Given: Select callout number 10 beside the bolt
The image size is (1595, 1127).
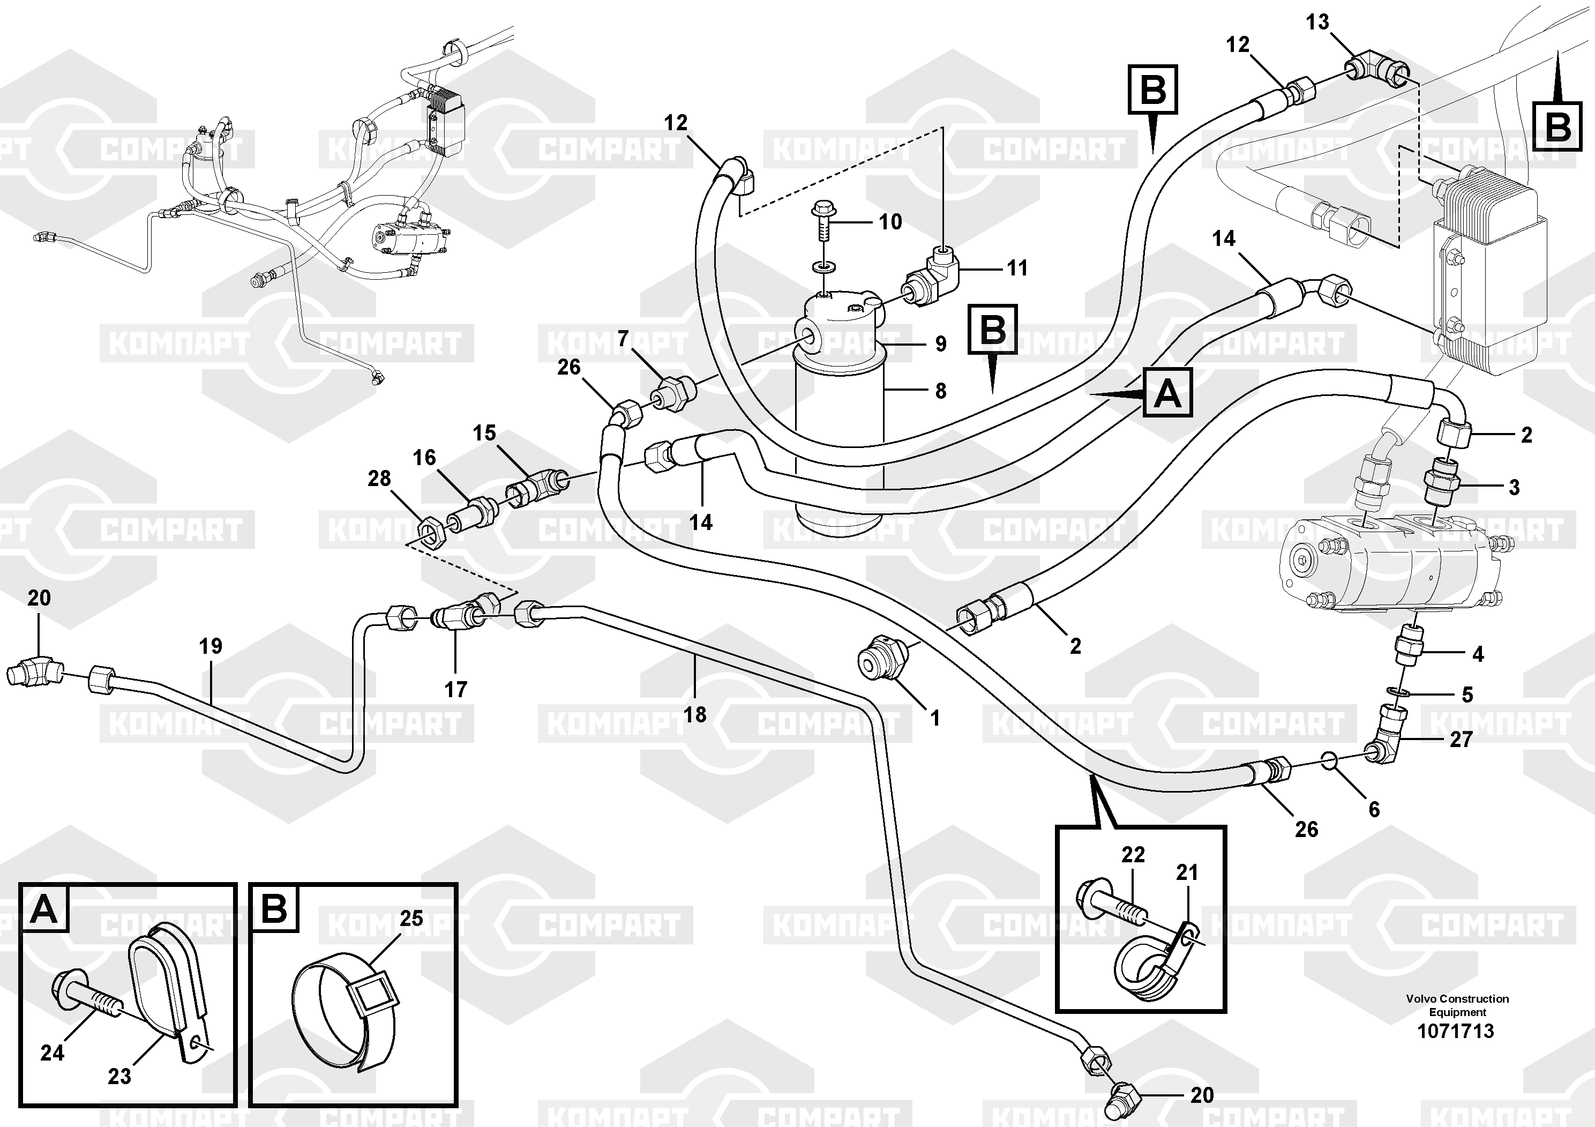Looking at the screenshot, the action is point(890,222).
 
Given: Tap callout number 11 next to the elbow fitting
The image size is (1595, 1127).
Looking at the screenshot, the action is point(1017,267).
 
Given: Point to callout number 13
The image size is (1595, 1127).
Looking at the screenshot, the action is point(1317,22).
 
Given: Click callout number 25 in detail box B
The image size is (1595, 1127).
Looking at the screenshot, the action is point(411,918).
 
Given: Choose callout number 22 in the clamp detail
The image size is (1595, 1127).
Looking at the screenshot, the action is point(1133,854).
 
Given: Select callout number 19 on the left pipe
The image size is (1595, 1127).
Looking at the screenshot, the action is point(211,646).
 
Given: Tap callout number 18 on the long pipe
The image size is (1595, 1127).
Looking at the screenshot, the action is point(695,714).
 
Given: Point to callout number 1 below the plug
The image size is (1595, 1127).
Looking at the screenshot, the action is point(935,718).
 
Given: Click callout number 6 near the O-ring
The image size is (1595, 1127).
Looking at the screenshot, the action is point(1374,809).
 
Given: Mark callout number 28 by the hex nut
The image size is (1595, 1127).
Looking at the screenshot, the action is point(379,478).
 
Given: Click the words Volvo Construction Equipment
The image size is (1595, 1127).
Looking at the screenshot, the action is point(1457,1005).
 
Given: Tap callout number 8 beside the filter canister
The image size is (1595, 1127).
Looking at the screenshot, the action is point(941,391).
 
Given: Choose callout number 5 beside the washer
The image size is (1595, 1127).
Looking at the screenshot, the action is point(1467,694).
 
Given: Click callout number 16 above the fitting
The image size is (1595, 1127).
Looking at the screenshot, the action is point(424,457).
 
